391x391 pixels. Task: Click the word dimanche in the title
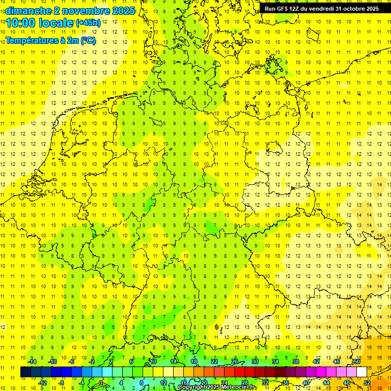25,11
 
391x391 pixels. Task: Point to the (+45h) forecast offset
88,23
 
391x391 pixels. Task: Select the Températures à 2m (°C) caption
50,40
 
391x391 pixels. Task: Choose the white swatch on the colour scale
361,372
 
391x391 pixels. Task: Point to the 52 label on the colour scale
367,382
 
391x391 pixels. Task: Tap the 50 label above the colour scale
357,361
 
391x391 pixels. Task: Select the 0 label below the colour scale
101,382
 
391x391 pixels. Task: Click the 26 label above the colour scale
234,361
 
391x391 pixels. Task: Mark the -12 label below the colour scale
42,382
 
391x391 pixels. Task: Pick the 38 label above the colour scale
295,361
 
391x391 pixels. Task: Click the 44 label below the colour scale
326,382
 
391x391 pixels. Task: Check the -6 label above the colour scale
72,361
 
